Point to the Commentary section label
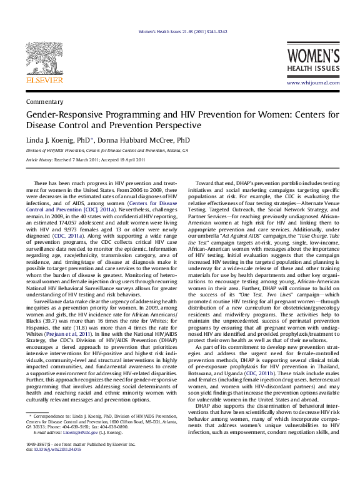click(41, 101)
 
